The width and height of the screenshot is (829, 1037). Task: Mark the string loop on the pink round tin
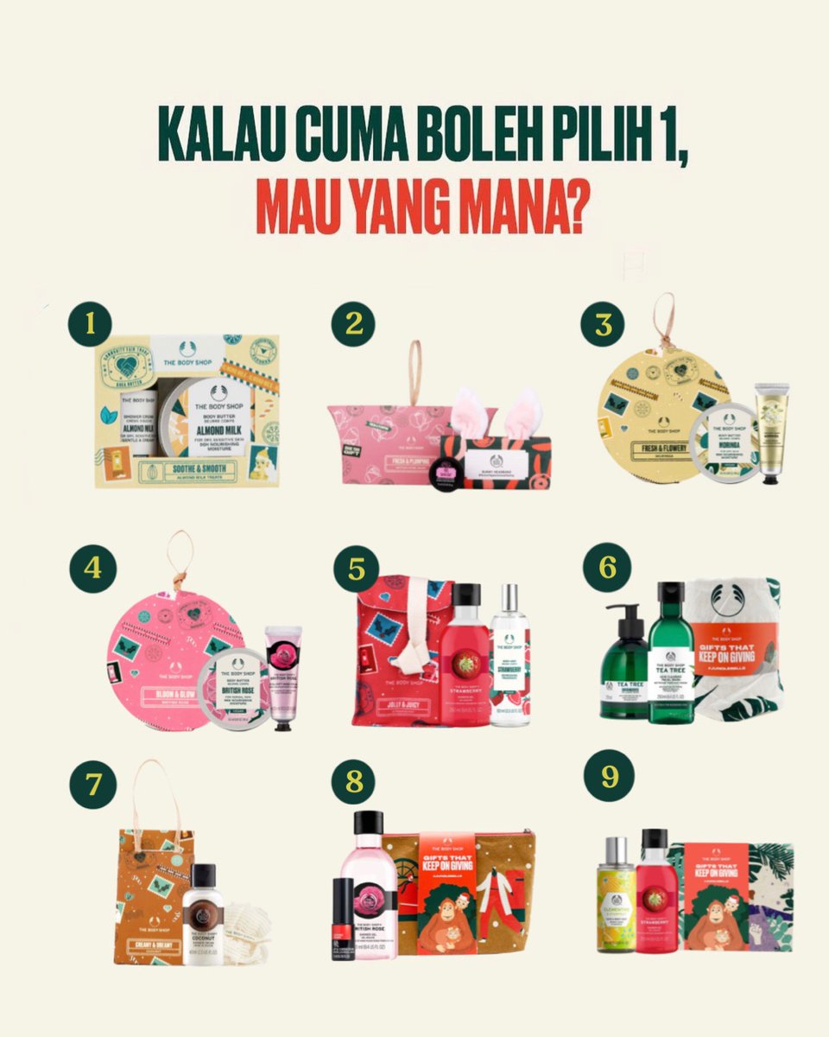(180, 557)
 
